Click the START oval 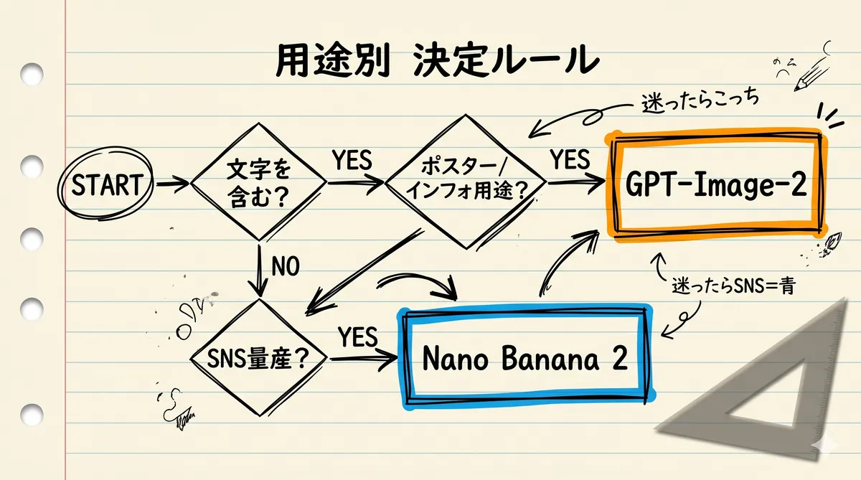(x=106, y=186)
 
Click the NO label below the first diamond (x=286, y=267)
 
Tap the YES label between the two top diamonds (x=352, y=161)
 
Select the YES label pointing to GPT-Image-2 (x=570, y=159)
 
